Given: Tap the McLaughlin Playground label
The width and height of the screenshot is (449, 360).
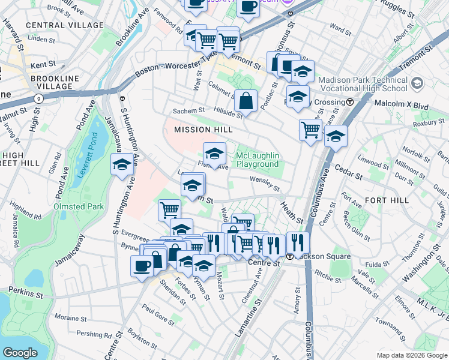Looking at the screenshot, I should coord(258,160).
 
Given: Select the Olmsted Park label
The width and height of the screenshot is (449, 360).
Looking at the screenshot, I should coord(79,206).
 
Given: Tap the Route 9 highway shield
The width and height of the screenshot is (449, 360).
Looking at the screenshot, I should coord(39,97).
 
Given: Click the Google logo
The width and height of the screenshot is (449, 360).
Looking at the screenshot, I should coord(20,353).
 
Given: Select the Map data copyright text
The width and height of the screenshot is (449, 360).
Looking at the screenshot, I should coord(411,355).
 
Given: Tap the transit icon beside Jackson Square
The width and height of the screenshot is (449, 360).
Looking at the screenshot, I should coord(289,256).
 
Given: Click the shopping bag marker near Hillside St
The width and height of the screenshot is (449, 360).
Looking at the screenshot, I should coord(246,102).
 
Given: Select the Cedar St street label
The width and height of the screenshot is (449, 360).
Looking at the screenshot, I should coord(348,173).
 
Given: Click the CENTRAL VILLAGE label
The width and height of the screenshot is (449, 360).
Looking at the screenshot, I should coord(65,25).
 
